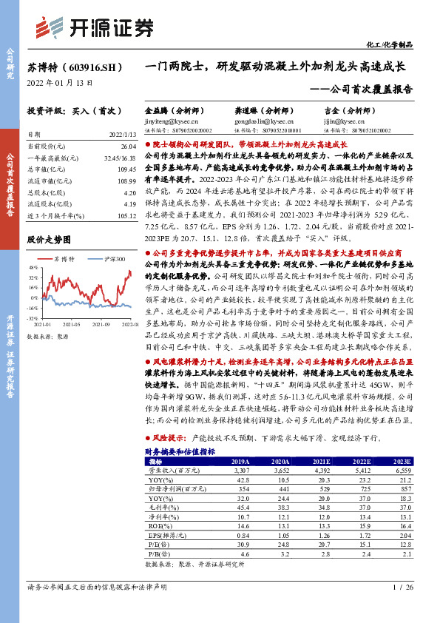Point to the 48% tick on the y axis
point(34,268)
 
